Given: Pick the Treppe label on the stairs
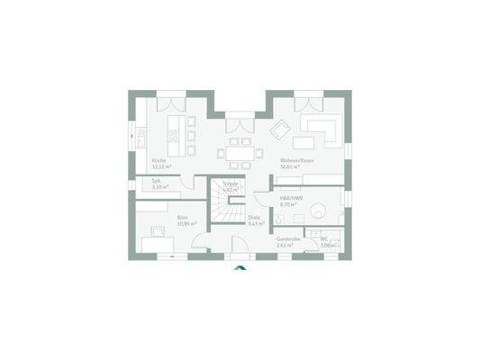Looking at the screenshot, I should (x=231, y=184).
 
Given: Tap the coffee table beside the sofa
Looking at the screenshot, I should (x=302, y=144).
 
